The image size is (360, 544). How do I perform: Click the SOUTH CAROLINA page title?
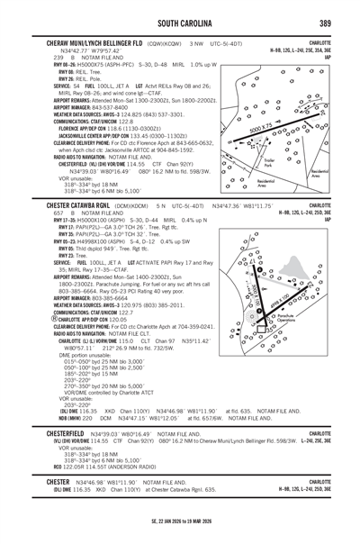pos(180,23)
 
